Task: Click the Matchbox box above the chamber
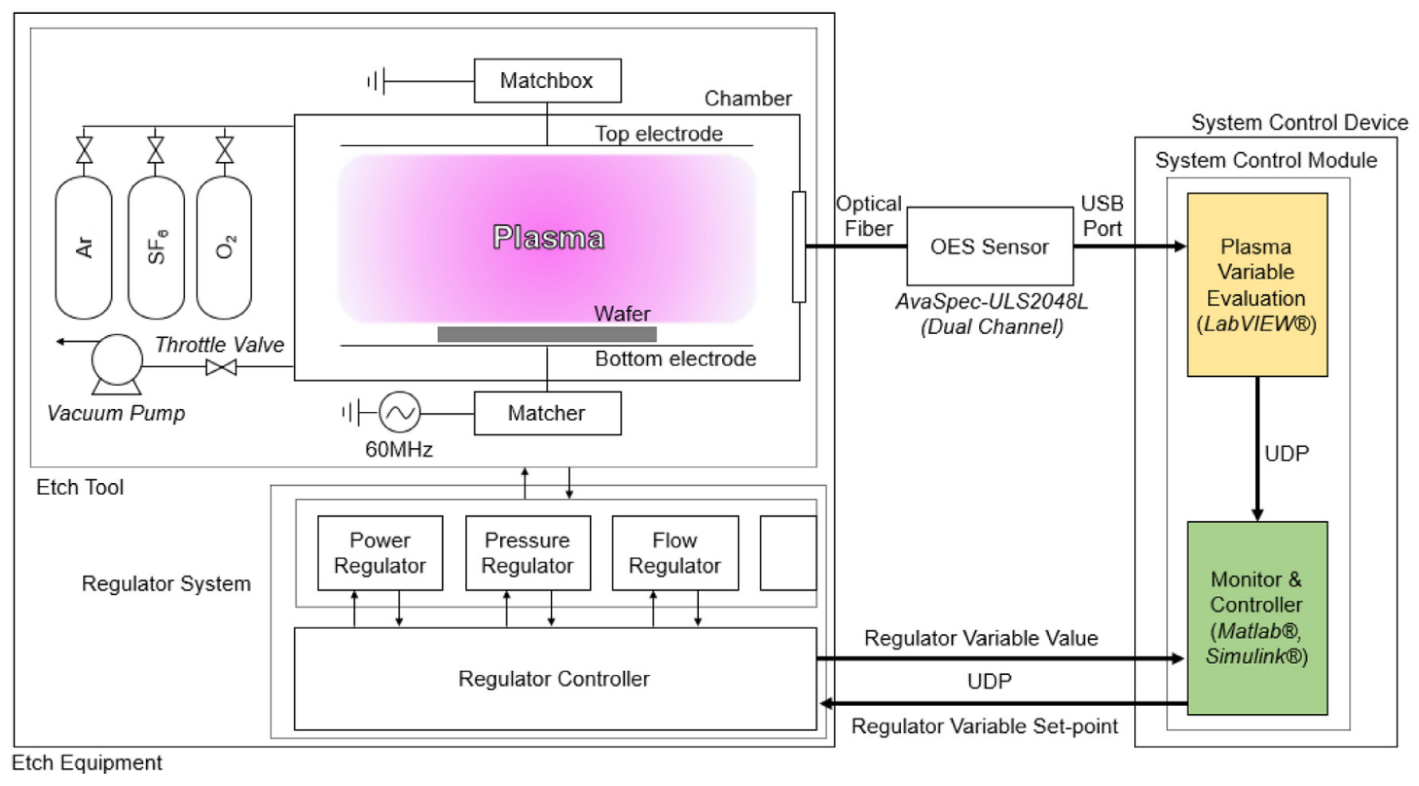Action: pyautogui.click(x=548, y=80)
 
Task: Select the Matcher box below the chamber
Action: pyautogui.click(x=548, y=413)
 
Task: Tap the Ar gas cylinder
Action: pyautogui.click(x=84, y=247)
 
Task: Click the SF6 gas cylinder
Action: pyautogui.click(x=156, y=247)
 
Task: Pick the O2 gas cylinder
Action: pyautogui.click(x=224, y=247)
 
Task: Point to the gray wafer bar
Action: pyautogui.click(x=547, y=335)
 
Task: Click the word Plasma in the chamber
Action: pyautogui.click(x=548, y=238)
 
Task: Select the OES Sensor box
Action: pyautogui.click(x=990, y=246)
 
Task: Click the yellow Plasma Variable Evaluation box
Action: pyautogui.click(x=1257, y=285)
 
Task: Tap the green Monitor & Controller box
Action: pyautogui.click(x=1257, y=618)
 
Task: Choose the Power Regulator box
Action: pyautogui.click(x=380, y=553)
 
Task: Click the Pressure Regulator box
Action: pyautogui.click(x=528, y=553)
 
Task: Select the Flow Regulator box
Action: pyautogui.click(x=675, y=553)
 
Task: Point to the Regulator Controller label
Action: pyautogui.click(x=554, y=679)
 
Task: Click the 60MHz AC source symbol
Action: pyautogui.click(x=399, y=412)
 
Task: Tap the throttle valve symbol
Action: pyautogui.click(x=221, y=367)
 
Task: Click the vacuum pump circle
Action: pyautogui.click(x=117, y=360)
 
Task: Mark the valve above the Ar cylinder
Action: pyautogui.click(x=84, y=150)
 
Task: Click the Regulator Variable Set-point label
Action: pyautogui.click(x=985, y=726)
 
